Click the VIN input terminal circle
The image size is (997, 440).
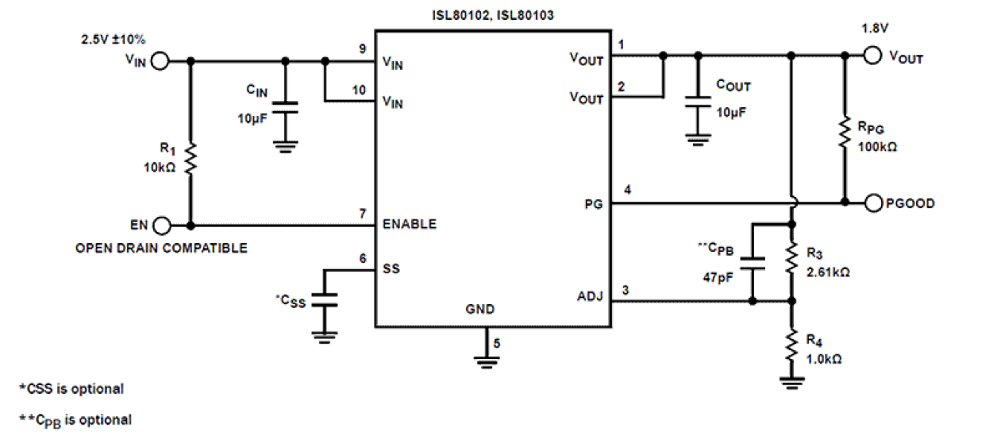tap(159, 60)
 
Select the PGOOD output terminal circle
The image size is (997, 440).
tap(873, 203)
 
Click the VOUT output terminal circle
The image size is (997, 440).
tap(873, 56)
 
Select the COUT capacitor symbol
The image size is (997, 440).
tap(697, 102)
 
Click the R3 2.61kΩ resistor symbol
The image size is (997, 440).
tap(791, 257)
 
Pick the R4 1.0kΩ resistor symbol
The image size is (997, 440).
tap(791, 344)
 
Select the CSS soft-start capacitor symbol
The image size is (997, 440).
tap(324, 300)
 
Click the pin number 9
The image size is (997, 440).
tap(362, 49)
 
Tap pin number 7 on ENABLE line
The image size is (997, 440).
tap(362, 214)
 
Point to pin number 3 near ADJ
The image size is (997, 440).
tap(626, 291)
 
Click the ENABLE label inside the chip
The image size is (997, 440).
tap(410, 224)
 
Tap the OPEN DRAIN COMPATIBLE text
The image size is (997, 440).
tap(161, 249)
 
